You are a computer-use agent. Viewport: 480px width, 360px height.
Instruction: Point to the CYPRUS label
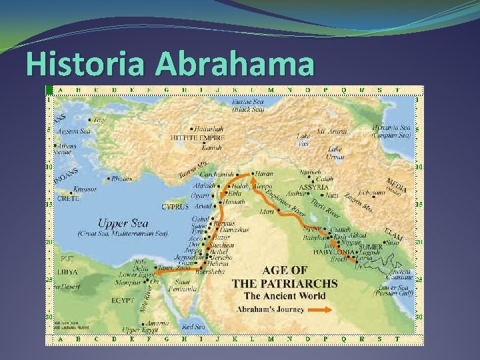coord(175,207)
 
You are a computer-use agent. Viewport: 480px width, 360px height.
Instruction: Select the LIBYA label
coord(67,272)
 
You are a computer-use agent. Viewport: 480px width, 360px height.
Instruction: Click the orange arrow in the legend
coord(319,309)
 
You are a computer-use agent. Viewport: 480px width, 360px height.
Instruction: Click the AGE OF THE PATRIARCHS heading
coord(285,277)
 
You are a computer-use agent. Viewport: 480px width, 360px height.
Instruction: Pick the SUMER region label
coord(370,247)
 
